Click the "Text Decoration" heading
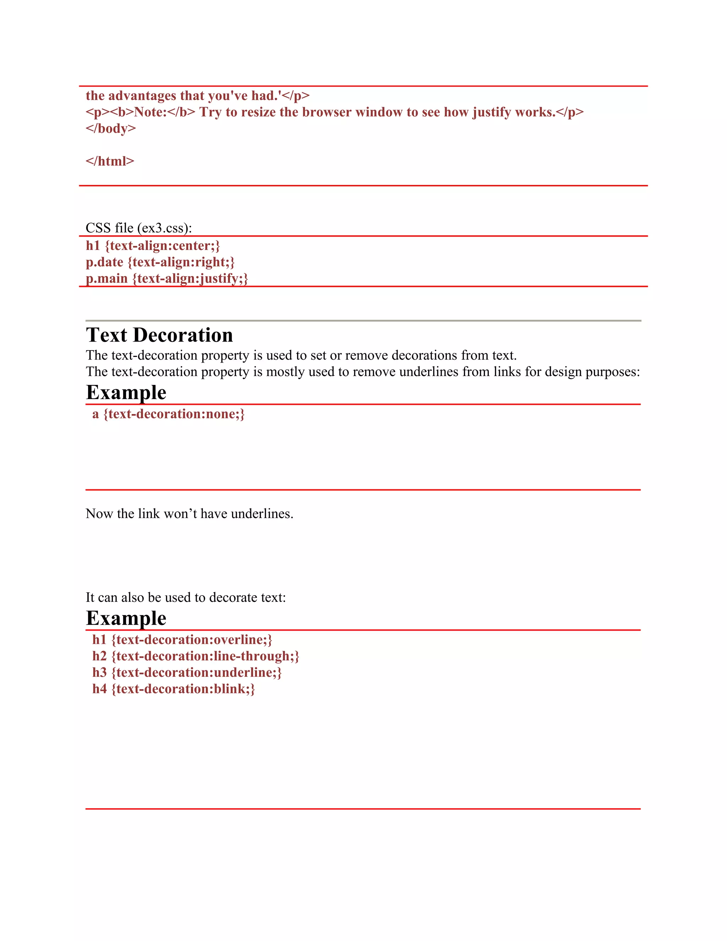coord(159,335)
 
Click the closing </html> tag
coord(110,161)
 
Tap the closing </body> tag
coord(111,129)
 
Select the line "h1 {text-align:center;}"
coord(153,246)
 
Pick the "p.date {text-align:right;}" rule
coord(160,262)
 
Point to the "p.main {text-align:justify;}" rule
coord(167,278)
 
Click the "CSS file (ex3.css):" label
coord(139,228)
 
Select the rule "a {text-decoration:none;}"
coord(168,414)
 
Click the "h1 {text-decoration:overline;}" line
coord(182,640)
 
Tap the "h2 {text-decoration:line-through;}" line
coord(196,656)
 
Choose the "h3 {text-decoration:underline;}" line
coord(187,672)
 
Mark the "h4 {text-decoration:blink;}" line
coord(174,689)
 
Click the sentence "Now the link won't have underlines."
coord(190,513)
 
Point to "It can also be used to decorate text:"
coord(186,597)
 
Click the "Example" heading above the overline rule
coord(126,618)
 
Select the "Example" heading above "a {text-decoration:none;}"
coord(126,392)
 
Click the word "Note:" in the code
coord(150,112)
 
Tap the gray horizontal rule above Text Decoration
coord(363,321)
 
